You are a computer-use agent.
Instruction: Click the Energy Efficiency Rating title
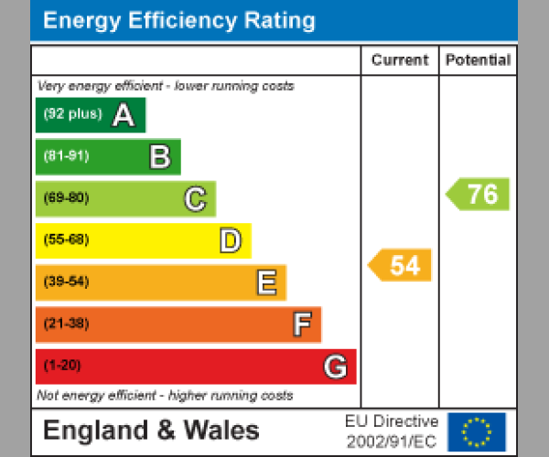[x=179, y=21]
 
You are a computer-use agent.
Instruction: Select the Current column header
[x=400, y=60]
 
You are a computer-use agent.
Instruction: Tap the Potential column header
[x=478, y=60]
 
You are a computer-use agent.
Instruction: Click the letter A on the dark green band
[x=123, y=115]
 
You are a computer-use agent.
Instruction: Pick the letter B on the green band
[x=159, y=157]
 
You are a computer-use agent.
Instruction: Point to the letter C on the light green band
[x=195, y=198]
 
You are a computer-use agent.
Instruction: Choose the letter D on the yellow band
[x=230, y=241]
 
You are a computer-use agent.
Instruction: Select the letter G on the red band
[x=336, y=367]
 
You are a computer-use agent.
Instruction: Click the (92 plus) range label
[x=72, y=115]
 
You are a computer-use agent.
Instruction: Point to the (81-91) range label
[x=66, y=156]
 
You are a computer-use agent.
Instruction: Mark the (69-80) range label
[x=66, y=198]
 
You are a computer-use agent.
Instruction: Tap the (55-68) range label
[x=66, y=240]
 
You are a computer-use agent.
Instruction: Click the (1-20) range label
[x=62, y=366]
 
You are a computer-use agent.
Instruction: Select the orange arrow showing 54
[x=401, y=265]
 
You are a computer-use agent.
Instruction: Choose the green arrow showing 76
[x=479, y=194]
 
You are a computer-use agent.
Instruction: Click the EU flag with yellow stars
[x=476, y=431]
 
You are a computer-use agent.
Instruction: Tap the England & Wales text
[x=151, y=430]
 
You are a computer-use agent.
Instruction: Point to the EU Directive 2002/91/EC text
[x=392, y=431]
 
